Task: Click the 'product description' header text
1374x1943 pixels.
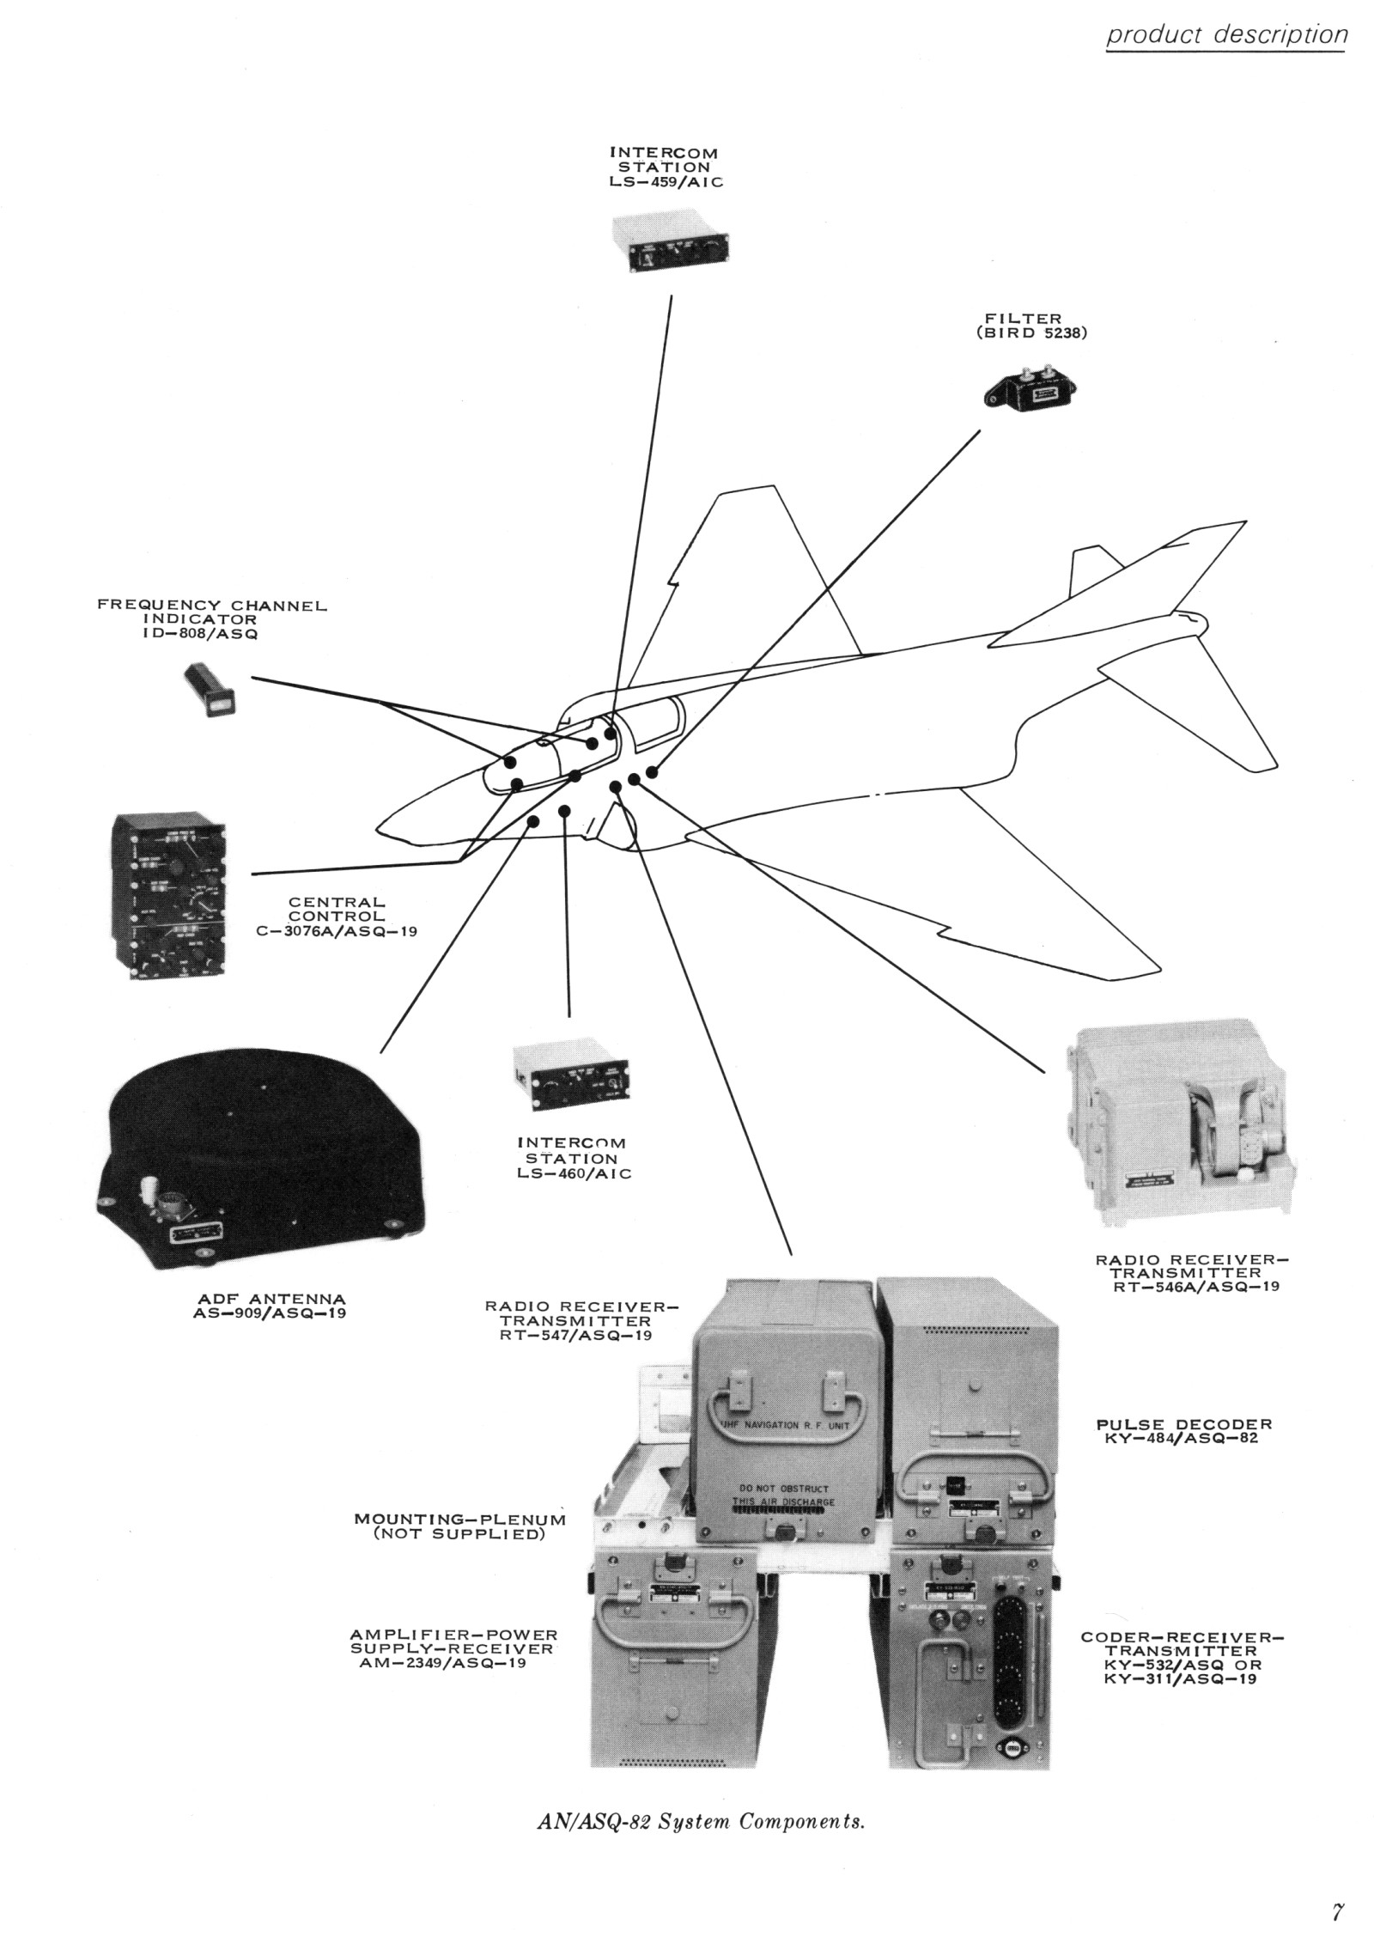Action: coord(1225,35)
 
